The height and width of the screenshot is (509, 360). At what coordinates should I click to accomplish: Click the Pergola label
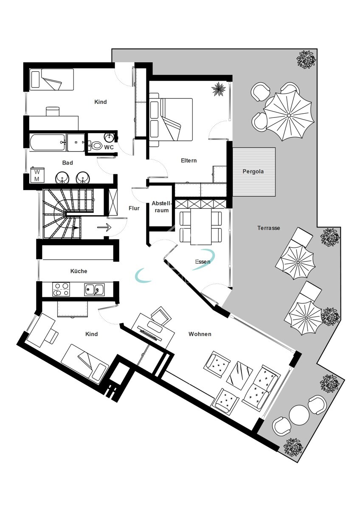pos(253,172)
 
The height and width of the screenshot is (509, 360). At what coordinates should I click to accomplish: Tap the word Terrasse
pos(269,228)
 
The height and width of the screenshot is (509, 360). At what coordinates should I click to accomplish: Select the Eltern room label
pos(189,161)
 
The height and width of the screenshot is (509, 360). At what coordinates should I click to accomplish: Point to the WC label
pos(109,148)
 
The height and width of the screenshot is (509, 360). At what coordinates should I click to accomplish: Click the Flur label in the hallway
pos(134,208)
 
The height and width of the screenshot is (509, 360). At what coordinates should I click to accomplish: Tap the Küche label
pos(79,271)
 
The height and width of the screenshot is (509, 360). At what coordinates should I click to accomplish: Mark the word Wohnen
pos(200,334)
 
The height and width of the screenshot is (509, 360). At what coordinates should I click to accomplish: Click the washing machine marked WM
pos(37,176)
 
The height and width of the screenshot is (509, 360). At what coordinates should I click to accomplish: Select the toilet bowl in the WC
pos(96,146)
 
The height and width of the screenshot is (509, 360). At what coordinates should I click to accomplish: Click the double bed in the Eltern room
pos(171,119)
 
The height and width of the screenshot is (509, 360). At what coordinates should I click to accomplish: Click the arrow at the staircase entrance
pos(104,227)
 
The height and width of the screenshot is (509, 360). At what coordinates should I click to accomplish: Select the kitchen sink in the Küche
pos(94,289)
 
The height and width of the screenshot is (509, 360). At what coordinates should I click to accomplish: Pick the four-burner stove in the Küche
pos(61,290)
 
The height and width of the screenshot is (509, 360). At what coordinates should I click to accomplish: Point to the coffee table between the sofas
pos(239,375)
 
